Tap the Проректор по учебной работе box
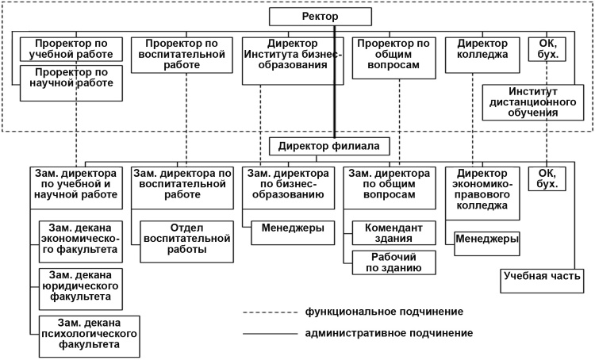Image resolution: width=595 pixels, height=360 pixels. coord(72,49)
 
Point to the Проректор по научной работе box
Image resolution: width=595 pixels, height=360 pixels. coord(72,82)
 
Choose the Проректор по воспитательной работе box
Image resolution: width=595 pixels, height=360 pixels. coord(179,55)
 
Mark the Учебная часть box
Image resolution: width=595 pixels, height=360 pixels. coord(543,277)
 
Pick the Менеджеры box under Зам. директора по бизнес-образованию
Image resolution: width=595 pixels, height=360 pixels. coord(293,228)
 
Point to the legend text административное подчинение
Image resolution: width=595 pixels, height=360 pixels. coord(388,333)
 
